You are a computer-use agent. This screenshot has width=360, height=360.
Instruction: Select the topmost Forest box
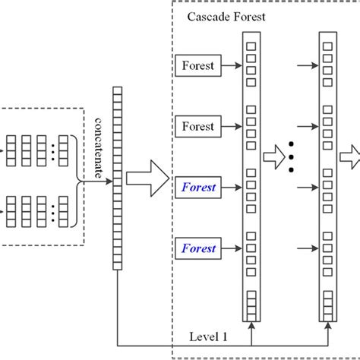point(198,66)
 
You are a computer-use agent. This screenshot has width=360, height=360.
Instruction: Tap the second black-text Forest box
point(198,126)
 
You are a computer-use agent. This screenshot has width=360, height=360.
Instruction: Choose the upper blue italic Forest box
point(198,186)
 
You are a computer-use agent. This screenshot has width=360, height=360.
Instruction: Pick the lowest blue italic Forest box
point(198,248)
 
